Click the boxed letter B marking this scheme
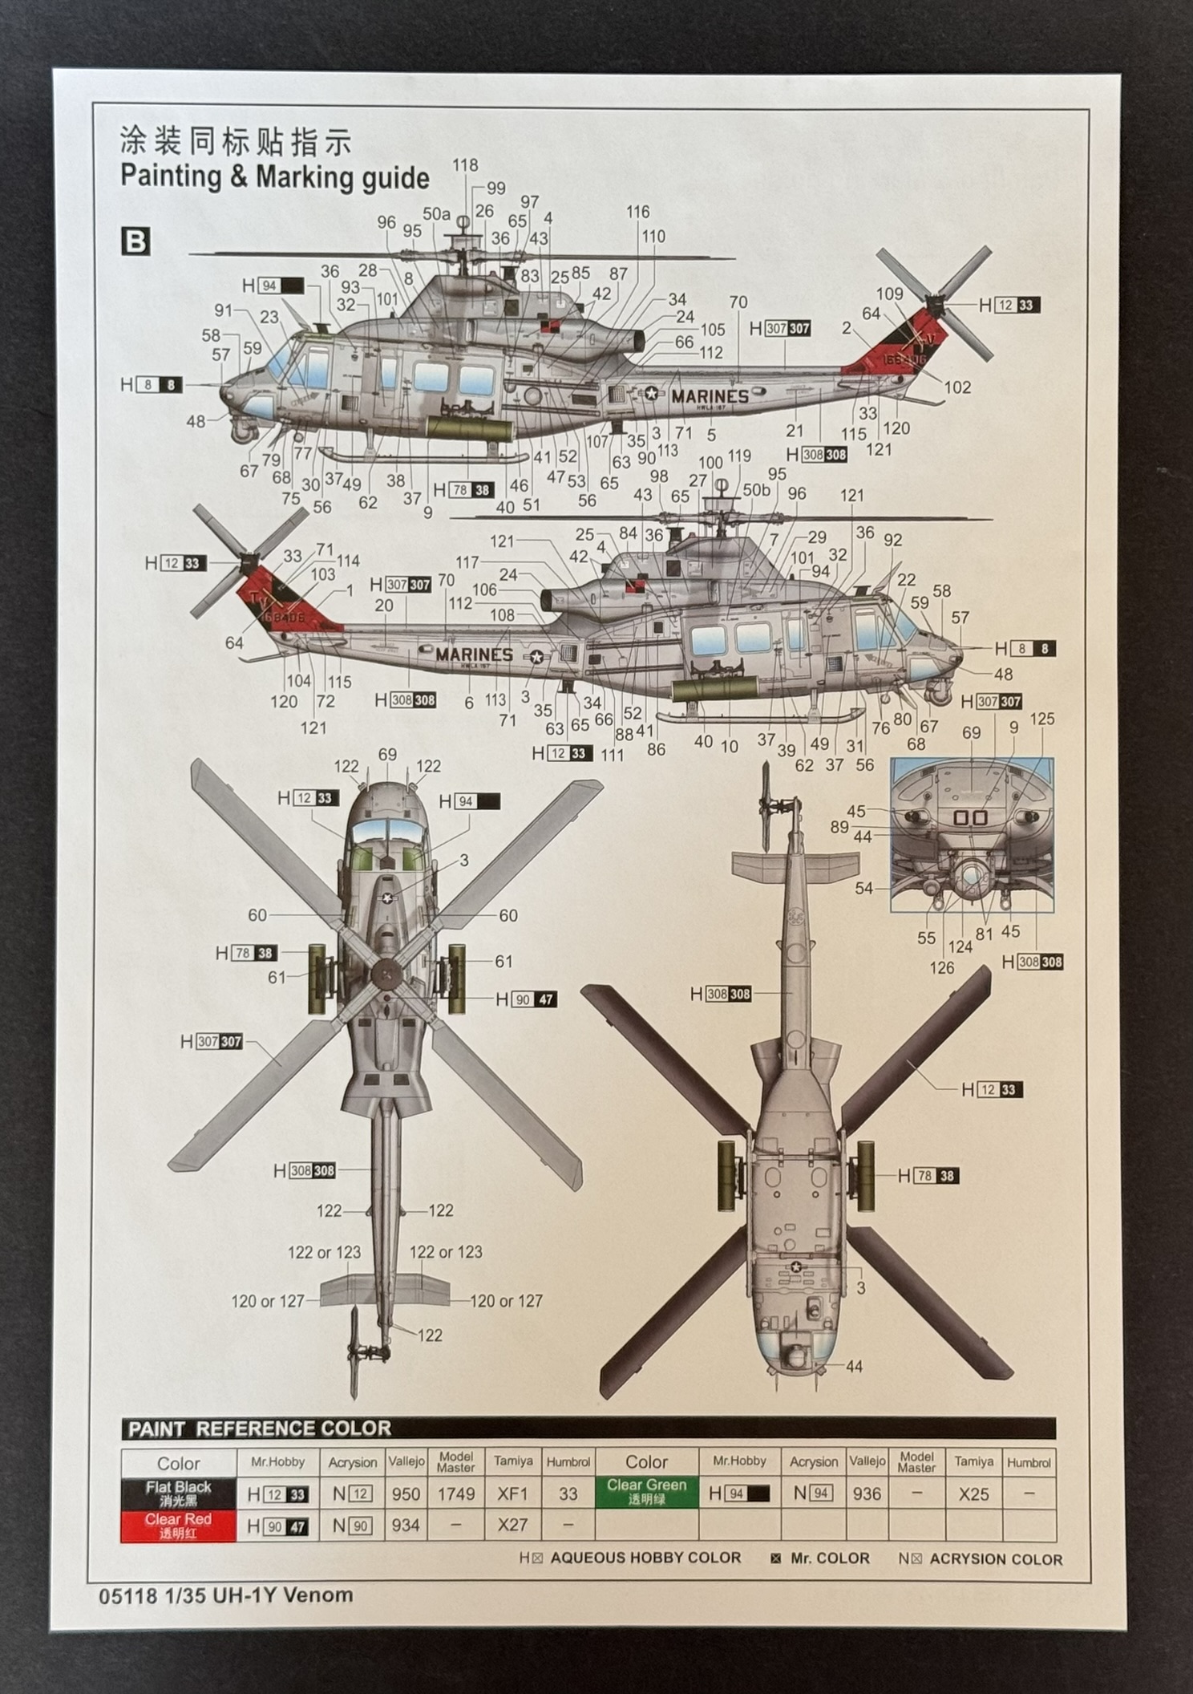[x=135, y=241]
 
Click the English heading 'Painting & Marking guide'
[x=274, y=176]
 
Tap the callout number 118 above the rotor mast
[x=465, y=165]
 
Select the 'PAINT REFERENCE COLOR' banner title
[x=260, y=1429]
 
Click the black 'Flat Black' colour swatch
[x=178, y=1493]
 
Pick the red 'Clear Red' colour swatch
[x=178, y=1526]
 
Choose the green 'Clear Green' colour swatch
[x=646, y=1492]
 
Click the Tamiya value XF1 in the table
[x=512, y=1494]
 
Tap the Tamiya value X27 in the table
[x=512, y=1525]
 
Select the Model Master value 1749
[x=455, y=1494]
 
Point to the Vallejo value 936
[x=867, y=1493]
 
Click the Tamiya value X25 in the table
[x=973, y=1493]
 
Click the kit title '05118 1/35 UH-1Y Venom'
[x=226, y=1595]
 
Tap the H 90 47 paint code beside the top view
[x=526, y=999]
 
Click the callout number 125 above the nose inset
[x=1042, y=719]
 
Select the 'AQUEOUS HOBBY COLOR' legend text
[x=645, y=1558]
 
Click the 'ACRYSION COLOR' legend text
[x=996, y=1559]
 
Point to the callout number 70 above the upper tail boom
[x=738, y=302]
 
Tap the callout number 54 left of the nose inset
[x=863, y=888]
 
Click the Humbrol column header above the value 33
[x=568, y=1462]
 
